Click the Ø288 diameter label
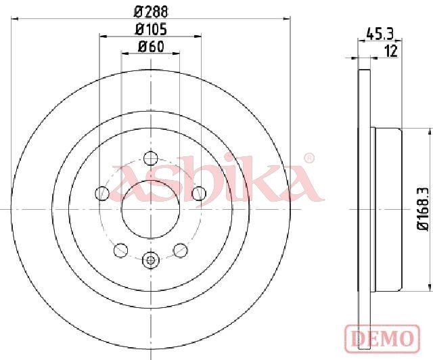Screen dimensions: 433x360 (151, 12)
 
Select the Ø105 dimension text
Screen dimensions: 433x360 (151, 29)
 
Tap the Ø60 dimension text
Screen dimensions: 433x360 (151, 47)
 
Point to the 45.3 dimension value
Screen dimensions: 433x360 (380, 34)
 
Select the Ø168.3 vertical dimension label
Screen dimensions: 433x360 (422, 209)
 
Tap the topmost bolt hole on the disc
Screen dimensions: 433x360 (151, 158)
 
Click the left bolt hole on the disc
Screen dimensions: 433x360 (102, 194)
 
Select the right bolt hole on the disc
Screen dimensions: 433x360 (199, 194)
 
